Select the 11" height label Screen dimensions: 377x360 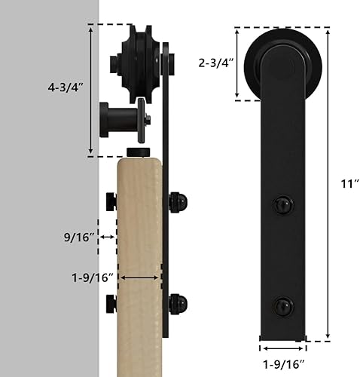coord(342,182)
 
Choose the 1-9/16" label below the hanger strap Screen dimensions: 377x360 coord(283,363)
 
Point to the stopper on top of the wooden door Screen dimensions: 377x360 coord(140,153)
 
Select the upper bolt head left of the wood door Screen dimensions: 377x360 coord(111,202)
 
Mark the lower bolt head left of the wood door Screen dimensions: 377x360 coord(111,304)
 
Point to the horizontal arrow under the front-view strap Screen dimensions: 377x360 coord(283,348)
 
